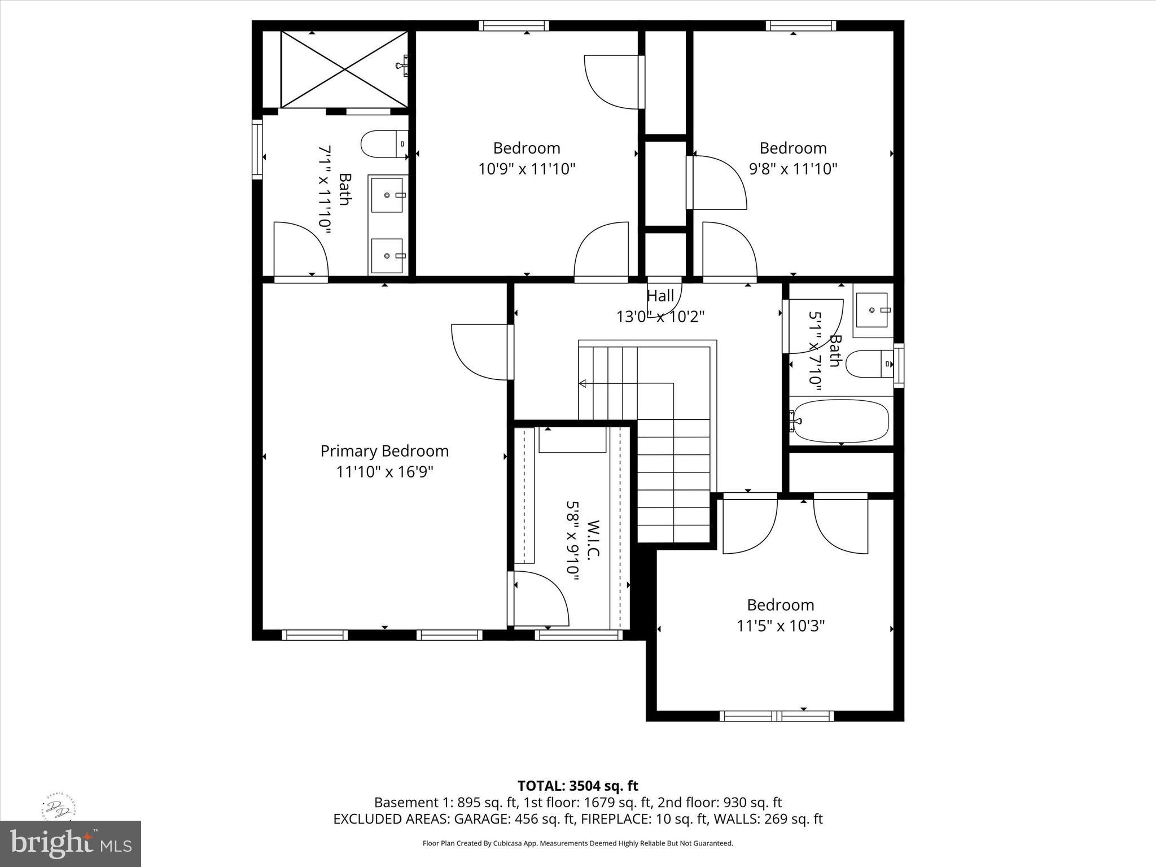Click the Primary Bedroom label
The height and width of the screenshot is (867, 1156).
[384, 451]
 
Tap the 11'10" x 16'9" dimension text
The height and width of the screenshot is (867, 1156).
[384, 472]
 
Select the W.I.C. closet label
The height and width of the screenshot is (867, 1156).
[592, 540]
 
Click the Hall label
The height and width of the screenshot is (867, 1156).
[660, 296]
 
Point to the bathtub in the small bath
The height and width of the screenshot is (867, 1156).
[841, 421]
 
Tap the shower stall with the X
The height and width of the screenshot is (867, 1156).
[344, 69]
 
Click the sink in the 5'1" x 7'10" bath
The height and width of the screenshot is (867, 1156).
[872, 310]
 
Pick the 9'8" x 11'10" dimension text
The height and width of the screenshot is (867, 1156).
[792, 169]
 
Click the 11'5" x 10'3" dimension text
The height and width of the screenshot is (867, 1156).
[781, 626]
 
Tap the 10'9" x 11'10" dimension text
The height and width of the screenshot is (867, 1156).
[527, 169]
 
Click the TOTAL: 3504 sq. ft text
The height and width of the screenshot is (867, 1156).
[577, 786]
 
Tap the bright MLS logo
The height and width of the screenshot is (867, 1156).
[71, 843]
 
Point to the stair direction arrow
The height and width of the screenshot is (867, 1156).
[583, 384]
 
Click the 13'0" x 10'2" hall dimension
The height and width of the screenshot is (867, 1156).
[660, 317]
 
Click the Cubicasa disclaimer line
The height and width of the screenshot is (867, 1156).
[577, 843]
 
